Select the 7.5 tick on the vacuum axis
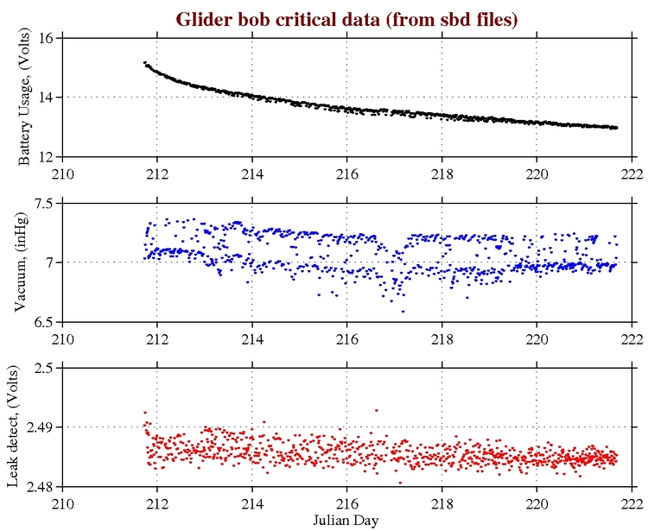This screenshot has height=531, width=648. point(43,203)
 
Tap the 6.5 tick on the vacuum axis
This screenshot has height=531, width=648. point(43,321)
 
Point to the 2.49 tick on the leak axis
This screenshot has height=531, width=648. point(40,427)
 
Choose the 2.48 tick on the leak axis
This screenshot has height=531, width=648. point(40,486)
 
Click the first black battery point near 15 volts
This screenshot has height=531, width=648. point(144,62)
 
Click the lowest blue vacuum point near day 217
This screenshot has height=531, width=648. point(403,311)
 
